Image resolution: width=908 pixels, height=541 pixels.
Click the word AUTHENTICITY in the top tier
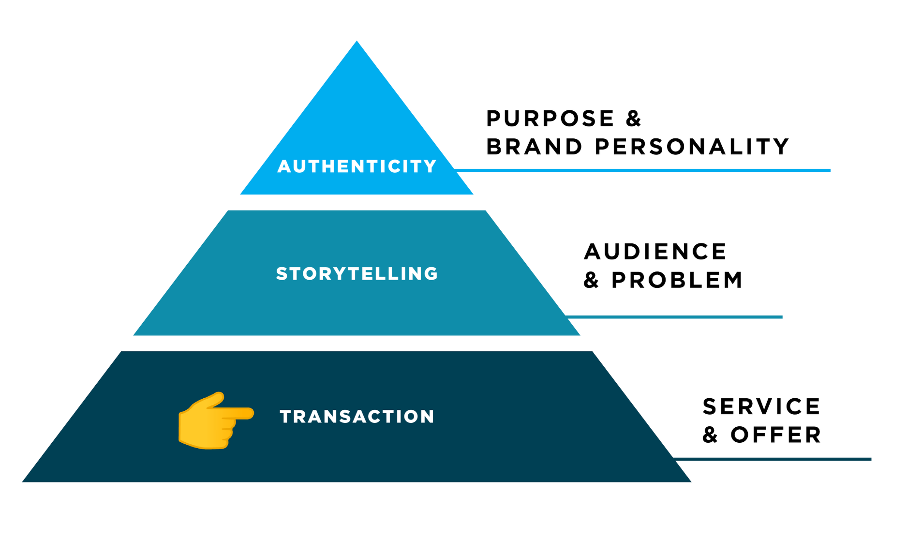click(357, 166)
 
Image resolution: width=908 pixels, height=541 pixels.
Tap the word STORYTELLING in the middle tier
click(357, 274)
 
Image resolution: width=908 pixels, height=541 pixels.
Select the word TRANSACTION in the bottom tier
click(357, 417)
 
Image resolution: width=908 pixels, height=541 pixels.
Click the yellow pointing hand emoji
click(216, 421)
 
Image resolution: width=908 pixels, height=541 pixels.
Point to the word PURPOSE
click(550, 119)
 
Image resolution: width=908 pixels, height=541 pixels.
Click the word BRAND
click(534, 147)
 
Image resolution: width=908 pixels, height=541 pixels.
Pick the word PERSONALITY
click(692, 147)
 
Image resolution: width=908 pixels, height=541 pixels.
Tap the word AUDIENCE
click(655, 252)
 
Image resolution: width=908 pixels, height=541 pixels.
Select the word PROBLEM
click(677, 280)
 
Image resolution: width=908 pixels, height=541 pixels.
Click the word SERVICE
click(761, 406)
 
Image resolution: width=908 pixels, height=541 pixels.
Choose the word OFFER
click(776, 435)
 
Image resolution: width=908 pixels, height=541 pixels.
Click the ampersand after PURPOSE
click(633, 119)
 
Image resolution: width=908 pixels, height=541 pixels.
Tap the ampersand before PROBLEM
click(591, 280)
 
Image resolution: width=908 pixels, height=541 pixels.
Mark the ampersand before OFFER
click(710, 435)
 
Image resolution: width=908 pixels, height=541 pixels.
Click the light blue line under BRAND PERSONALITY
click(643, 170)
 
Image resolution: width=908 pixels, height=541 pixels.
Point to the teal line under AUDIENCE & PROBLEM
click(673, 317)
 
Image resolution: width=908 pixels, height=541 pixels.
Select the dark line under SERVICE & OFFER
click(772, 459)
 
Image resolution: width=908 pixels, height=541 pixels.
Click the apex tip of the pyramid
click(357, 41)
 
